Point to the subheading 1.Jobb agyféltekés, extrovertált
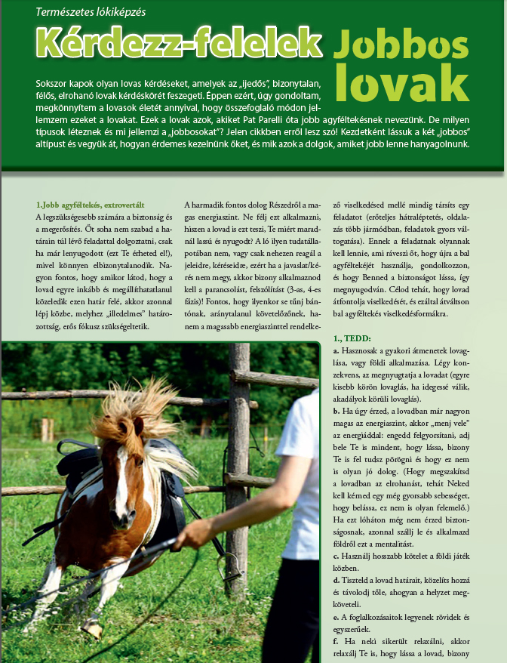coord(90,205)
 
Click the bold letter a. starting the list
coord(336,352)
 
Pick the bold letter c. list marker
coord(336,557)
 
